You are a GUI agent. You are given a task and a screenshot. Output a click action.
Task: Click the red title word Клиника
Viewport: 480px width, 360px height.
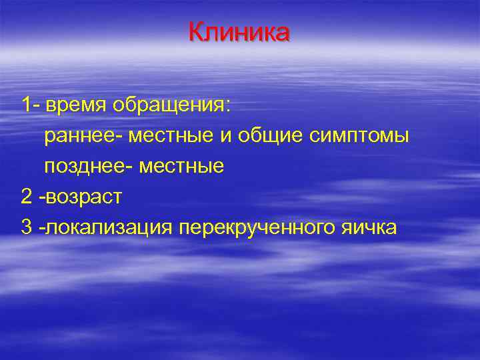239,32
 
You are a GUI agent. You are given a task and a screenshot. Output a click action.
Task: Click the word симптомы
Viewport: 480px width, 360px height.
358,136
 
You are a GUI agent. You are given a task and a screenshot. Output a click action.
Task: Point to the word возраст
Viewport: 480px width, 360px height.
85,197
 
